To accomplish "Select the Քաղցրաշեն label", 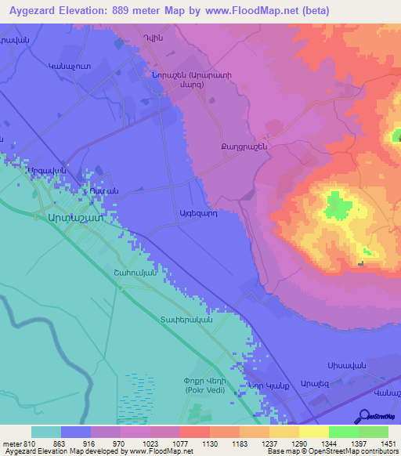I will coord(245,147).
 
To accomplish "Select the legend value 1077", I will coord(194,442).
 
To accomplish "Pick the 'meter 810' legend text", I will coord(17,442).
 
